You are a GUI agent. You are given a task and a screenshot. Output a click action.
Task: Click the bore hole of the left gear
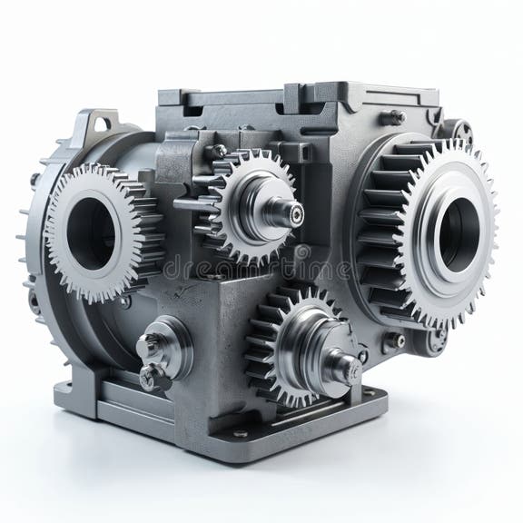tap(91, 233)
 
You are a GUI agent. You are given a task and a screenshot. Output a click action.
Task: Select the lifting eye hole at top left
tap(102, 123)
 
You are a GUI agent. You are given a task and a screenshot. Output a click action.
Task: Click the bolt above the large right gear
tap(397, 116)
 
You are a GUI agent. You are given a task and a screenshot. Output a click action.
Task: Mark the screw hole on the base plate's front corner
tap(241, 433)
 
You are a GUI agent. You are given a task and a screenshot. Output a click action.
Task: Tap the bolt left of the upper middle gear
tap(219, 151)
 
